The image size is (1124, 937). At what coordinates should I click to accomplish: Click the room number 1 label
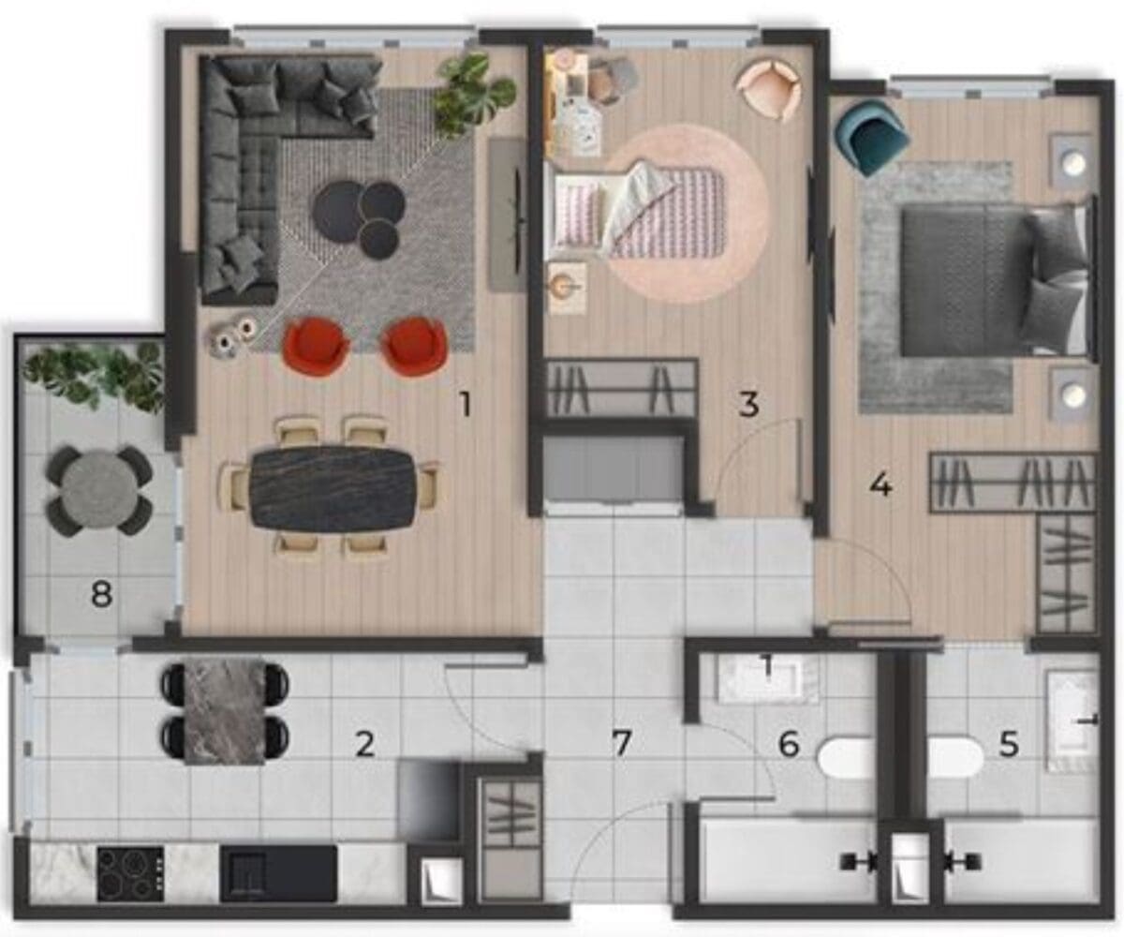click(466, 405)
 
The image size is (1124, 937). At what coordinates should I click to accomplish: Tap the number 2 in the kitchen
click(365, 745)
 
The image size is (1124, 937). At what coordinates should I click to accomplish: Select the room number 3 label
click(748, 404)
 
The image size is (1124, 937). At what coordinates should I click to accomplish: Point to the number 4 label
click(881, 486)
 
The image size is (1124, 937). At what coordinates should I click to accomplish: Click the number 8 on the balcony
click(101, 594)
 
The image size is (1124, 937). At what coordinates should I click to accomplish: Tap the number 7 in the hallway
click(622, 743)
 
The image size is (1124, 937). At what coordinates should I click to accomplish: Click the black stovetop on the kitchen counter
click(130, 873)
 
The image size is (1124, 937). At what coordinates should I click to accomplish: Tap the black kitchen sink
click(278, 873)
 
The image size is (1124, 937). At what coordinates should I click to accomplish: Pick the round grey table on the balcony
click(99, 491)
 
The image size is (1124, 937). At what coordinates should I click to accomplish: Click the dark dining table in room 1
click(333, 488)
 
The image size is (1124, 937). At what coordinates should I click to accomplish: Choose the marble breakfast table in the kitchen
click(225, 710)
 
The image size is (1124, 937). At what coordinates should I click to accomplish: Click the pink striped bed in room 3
click(638, 210)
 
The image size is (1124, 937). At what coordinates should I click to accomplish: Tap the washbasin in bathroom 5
click(1072, 721)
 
